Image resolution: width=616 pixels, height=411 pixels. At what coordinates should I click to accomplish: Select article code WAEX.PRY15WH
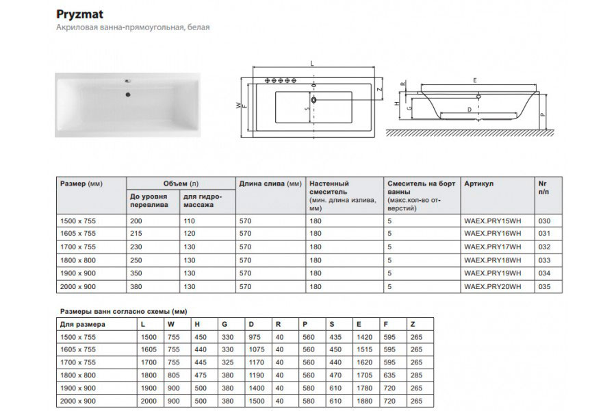coord(492,221)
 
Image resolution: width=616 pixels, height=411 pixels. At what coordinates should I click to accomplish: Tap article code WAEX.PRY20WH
coord(492,286)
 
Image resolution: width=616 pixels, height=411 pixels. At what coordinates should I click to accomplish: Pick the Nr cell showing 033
coord(546,260)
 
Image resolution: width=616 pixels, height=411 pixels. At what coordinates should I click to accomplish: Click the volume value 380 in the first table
coord(137,286)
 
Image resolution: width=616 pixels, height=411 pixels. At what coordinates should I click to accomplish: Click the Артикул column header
coord(478,184)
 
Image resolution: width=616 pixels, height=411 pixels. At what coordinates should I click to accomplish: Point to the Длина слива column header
coord(270,184)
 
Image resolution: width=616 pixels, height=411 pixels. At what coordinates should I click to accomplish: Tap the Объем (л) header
coord(181,184)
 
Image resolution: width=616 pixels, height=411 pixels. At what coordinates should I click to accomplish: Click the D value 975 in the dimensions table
coord(255,336)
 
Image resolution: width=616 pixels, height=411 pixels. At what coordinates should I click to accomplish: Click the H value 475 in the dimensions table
coord(201,375)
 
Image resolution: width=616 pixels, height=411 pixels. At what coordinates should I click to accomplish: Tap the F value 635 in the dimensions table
coord(391,375)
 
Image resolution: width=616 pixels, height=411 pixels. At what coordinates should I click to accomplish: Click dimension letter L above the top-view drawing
coord(312,63)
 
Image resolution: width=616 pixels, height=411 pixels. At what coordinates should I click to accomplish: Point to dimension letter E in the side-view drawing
coord(474,80)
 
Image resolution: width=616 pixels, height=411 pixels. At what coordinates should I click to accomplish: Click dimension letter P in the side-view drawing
coord(541,115)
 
